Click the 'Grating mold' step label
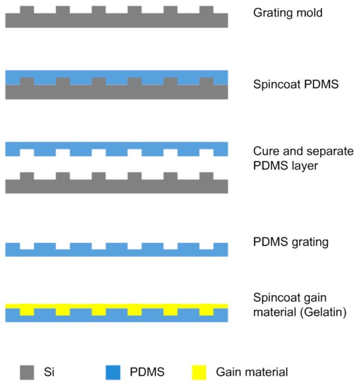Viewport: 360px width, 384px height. coord(288,13)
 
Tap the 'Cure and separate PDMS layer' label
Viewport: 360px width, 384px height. coord(303,158)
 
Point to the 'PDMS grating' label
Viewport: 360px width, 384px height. coord(291,242)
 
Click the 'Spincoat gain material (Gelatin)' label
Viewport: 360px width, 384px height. coord(299,305)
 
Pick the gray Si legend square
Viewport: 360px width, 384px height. coord(27,372)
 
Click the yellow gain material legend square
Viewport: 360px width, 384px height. coord(200,372)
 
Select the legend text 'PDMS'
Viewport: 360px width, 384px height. coord(147,372)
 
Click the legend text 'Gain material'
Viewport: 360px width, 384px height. coord(252,372)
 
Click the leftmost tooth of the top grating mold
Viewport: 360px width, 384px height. coord(27,10)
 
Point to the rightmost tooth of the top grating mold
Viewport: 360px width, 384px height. coord(206,10)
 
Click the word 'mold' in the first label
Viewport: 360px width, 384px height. coord(310,13)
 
